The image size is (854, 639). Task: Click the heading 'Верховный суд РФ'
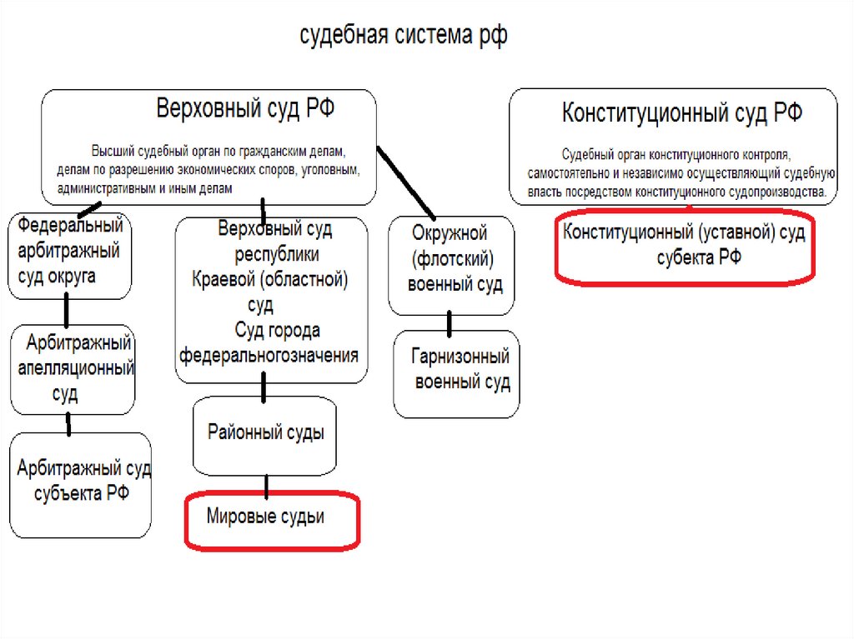click(x=246, y=109)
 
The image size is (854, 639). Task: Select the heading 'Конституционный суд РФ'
click(x=681, y=114)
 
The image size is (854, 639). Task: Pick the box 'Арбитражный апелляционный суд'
click(x=73, y=368)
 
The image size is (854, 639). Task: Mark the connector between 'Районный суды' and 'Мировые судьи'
click(x=266, y=486)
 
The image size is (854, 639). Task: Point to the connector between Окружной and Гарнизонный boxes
click(x=450, y=323)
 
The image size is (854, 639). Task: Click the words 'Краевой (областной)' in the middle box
click(x=269, y=279)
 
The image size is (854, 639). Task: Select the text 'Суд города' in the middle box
click(x=277, y=331)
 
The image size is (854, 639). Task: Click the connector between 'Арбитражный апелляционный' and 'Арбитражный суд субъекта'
click(x=68, y=425)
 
